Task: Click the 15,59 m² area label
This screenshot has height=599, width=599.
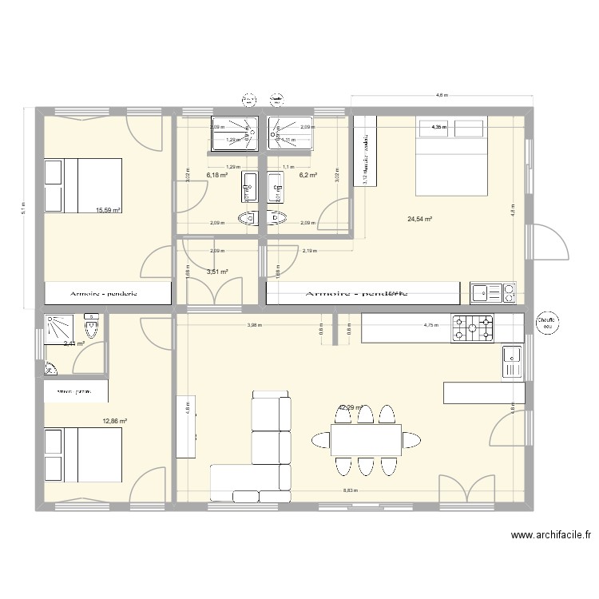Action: click(x=108, y=211)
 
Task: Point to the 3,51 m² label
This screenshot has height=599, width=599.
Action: click(x=217, y=272)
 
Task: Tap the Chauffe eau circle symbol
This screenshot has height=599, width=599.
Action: click(x=547, y=321)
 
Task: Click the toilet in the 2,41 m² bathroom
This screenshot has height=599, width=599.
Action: click(x=92, y=327)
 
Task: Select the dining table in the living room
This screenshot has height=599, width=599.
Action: click(x=366, y=439)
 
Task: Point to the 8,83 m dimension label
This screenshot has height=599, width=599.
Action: click(x=349, y=492)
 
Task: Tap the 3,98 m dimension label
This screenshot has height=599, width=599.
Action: click(x=253, y=325)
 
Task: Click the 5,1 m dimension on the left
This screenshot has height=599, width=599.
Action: click(x=23, y=208)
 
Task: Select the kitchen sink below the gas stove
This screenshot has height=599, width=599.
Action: click(x=511, y=362)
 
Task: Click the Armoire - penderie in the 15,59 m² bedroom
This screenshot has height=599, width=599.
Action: click(x=108, y=293)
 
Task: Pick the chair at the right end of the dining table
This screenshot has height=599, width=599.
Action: click(x=414, y=439)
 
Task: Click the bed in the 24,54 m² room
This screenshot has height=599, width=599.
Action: click(x=450, y=155)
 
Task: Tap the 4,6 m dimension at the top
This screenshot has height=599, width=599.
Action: click(x=441, y=96)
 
